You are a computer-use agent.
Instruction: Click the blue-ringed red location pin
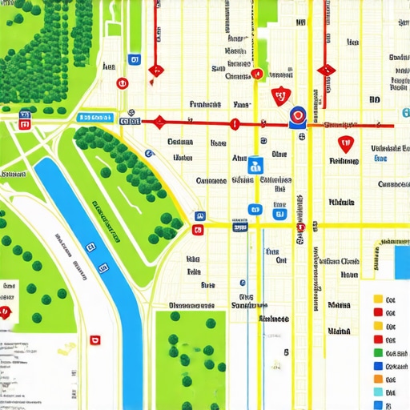(296, 117)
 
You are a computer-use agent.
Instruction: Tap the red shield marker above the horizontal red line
(279, 97)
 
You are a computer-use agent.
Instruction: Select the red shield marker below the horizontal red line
(345, 144)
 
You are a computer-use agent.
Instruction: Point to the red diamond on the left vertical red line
(157, 70)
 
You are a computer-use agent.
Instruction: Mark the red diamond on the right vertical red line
(325, 70)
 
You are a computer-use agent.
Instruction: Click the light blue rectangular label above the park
(94, 118)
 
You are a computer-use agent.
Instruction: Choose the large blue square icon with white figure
(255, 165)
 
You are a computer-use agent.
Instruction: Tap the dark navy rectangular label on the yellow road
(239, 227)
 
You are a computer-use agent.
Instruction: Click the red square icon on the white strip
(96, 340)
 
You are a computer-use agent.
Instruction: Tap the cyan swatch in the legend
(378, 393)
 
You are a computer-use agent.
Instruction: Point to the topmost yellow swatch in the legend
(378, 299)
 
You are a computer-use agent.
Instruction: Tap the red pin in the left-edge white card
(6, 312)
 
